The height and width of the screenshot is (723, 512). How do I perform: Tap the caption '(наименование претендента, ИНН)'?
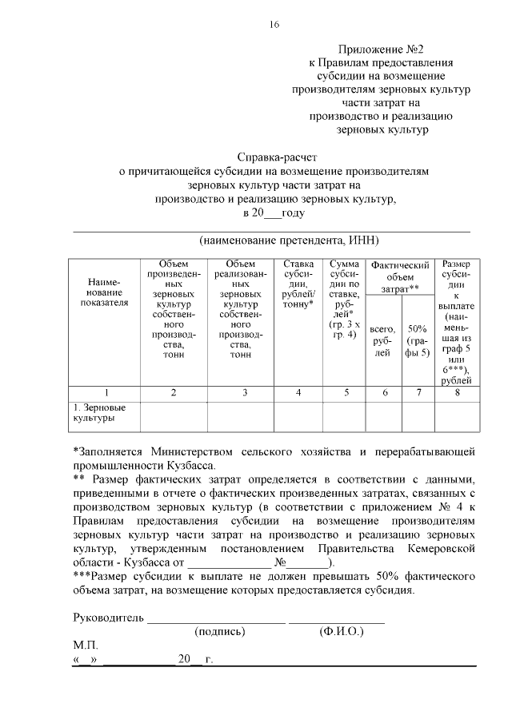click(289, 240)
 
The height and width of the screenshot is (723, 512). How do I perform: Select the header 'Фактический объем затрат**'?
click(400, 276)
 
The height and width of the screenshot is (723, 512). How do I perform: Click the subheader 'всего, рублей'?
click(383, 340)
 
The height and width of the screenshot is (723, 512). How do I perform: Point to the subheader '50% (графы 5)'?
click(417, 340)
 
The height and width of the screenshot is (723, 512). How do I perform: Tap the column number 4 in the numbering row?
click(298, 392)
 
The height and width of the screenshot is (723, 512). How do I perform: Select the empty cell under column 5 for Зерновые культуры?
click(346, 415)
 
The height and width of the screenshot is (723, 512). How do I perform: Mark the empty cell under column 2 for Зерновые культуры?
click(174, 415)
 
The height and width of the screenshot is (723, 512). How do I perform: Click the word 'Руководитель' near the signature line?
click(108, 618)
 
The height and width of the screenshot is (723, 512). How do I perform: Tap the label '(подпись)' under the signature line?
click(220, 631)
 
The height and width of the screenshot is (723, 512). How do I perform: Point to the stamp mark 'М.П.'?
click(84, 645)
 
